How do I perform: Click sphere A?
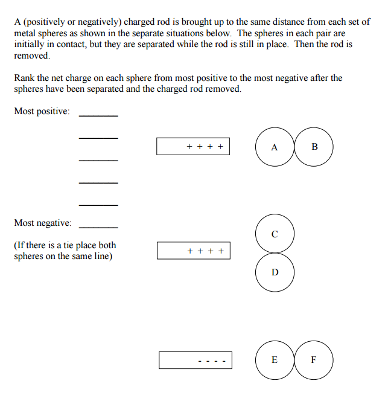[x=275, y=147]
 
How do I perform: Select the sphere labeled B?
[x=314, y=147]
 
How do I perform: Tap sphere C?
[x=275, y=233]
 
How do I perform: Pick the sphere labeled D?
[x=275, y=272]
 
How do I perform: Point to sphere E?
[x=275, y=360]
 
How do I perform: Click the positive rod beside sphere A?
[x=193, y=146]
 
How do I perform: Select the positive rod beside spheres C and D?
[x=193, y=251]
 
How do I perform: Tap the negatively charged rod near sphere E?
[x=195, y=360]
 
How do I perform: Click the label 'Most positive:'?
[x=42, y=112]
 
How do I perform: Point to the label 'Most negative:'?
[x=43, y=223]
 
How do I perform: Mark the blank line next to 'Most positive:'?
[x=98, y=115]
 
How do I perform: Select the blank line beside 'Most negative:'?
[x=98, y=227]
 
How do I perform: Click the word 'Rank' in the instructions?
[x=24, y=78]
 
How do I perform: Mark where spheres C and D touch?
[x=275, y=252]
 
